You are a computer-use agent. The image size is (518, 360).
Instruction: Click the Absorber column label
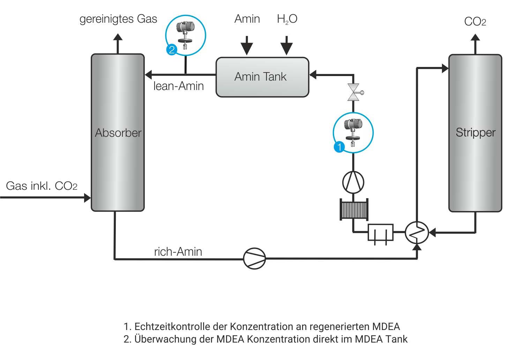click(118, 133)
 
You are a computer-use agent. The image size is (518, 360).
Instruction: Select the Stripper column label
click(475, 133)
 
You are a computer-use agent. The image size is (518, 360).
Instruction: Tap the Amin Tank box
click(262, 77)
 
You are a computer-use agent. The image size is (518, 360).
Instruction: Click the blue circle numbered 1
click(339, 147)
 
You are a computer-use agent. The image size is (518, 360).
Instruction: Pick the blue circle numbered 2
click(171, 50)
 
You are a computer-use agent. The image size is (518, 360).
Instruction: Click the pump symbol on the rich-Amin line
click(254, 258)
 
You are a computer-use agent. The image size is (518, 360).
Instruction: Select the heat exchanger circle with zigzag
click(417, 232)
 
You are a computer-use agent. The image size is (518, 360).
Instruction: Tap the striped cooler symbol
click(354, 209)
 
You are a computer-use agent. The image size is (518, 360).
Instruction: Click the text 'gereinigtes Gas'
click(118, 19)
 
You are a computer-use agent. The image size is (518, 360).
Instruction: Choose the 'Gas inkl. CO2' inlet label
click(42, 186)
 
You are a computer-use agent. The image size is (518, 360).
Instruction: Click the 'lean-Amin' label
click(179, 86)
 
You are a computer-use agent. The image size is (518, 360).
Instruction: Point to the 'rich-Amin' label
click(178, 252)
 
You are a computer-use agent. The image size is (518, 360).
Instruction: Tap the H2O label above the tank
click(287, 19)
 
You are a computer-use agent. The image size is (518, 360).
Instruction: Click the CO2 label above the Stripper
click(475, 22)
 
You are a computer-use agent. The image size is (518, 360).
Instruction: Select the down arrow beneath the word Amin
click(247, 46)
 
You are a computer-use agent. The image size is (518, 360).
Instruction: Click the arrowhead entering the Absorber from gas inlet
click(87, 198)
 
